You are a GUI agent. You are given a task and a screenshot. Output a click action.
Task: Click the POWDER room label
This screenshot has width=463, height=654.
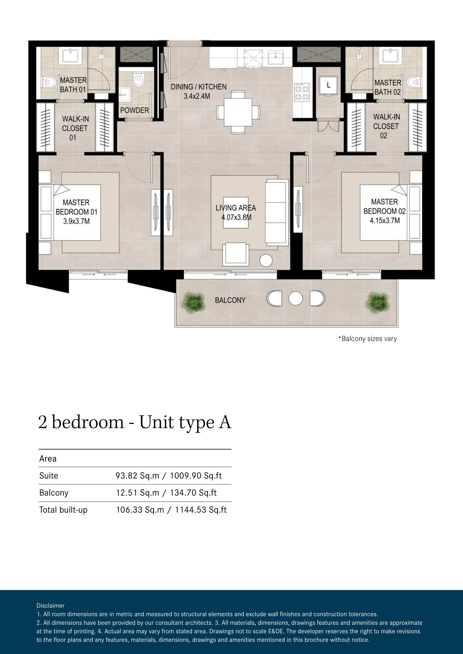coord(135,110)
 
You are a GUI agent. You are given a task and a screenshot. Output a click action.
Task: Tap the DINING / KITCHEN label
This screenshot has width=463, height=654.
coord(198,87)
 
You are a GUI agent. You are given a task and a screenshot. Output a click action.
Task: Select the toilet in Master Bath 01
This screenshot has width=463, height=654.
coord(48,82)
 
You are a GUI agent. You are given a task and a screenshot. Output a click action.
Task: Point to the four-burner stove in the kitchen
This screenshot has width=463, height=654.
coord(302,92)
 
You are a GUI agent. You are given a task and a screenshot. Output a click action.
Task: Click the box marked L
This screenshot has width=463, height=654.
coord(328,85)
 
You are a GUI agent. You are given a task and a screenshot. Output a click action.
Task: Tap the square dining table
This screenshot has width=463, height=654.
coord(238,112)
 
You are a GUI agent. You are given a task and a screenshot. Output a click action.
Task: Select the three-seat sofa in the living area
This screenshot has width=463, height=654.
coord(277,213)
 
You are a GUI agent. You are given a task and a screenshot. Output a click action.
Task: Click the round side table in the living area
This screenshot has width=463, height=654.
coord(266,260)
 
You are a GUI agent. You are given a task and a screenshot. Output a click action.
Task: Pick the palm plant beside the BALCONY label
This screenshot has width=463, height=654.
coord(193,303)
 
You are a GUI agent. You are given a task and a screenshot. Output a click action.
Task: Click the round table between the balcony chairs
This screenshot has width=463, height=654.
coord(295,298)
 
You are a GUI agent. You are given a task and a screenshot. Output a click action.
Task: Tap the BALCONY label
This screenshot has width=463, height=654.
coord(230,300)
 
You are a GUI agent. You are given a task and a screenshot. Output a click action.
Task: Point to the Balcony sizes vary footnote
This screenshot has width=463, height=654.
coord(368,339)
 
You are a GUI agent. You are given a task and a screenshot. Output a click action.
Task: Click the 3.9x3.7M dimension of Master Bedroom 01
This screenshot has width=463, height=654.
coord(76,221)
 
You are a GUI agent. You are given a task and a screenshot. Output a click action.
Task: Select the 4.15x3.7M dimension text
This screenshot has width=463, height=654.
coord(385,220)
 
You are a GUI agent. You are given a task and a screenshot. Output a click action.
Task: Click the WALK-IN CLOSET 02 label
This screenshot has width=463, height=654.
coord(386,126)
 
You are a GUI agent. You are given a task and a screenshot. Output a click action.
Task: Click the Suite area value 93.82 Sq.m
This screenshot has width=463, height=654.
coord(137,476)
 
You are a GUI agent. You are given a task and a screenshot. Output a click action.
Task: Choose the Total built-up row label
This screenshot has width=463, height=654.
coord(63,510)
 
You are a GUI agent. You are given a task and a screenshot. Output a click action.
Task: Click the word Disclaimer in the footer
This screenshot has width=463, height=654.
coord(50,606)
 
